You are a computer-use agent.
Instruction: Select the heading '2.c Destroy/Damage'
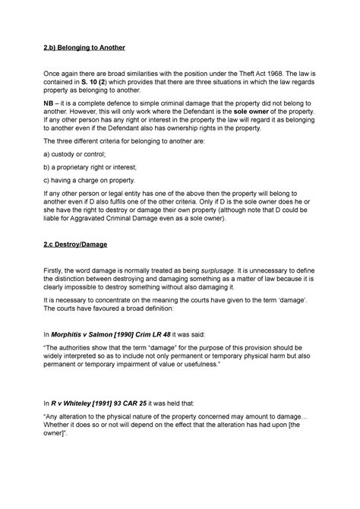coord(78,247)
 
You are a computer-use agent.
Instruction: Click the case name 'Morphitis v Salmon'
coord(90,334)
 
